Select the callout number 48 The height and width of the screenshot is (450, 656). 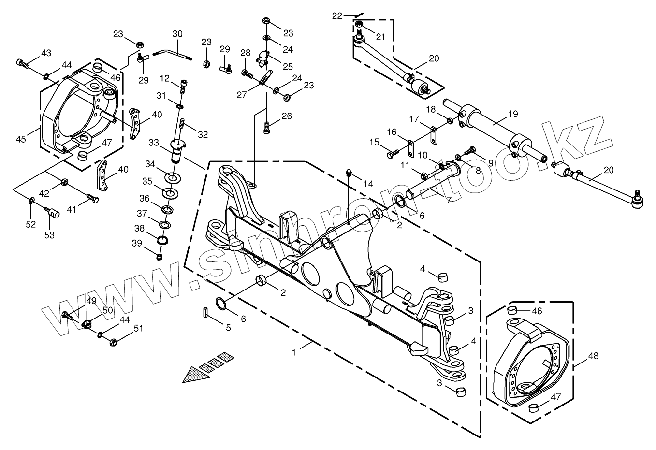pyautogui.click(x=594, y=356)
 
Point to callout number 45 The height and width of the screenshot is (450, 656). pyautogui.click(x=21, y=139)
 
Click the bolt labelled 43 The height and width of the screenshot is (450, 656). pyautogui.click(x=23, y=62)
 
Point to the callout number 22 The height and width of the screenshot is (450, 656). pyautogui.click(x=337, y=16)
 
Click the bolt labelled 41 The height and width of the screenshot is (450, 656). pyautogui.click(x=92, y=199)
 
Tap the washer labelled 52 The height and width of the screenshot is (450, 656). pyautogui.click(x=31, y=200)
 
